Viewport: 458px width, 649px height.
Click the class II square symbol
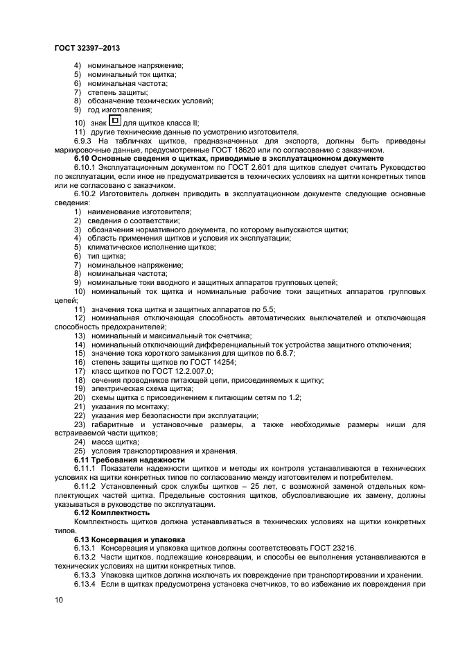pos(115,121)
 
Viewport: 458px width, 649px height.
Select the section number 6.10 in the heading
pos(83,159)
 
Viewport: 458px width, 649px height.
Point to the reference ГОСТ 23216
pos(332,548)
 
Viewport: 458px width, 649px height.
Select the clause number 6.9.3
pos(85,141)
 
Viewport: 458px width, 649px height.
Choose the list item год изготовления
pos(119,110)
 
